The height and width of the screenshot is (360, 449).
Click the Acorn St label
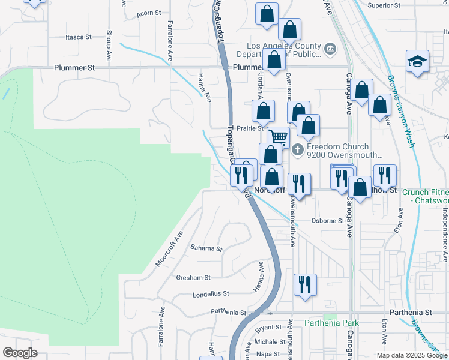click(x=149, y=13)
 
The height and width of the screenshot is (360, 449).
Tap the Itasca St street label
click(x=78, y=37)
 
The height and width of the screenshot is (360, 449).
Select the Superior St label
click(x=384, y=5)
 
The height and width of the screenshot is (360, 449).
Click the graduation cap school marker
click(x=417, y=62)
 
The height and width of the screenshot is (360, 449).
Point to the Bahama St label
click(x=206, y=248)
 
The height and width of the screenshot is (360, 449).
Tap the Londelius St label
click(x=211, y=294)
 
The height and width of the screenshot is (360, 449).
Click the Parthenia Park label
click(x=331, y=323)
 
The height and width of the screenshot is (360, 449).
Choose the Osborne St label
click(x=328, y=220)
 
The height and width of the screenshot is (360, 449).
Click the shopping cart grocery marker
click(x=278, y=137)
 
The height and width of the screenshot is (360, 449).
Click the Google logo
click(x=20, y=353)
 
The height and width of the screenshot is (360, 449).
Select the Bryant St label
click(x=268, y=328)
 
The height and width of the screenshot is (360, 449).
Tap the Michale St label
click(x=265, y=341)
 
